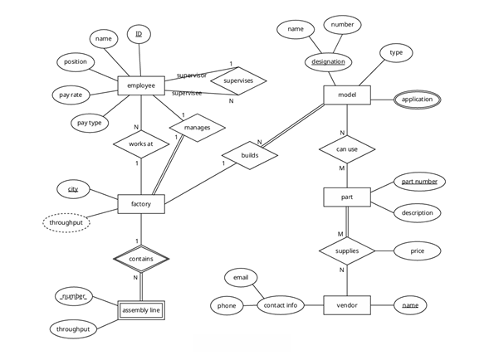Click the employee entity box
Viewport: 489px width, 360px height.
pyautogui.click(x=141, y=85)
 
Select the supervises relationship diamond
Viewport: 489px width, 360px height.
pyautogui.click(x=238, y=81)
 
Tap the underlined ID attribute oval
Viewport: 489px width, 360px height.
pyautogui.click(x=139, y=35)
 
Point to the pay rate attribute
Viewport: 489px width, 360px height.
pyautogui.click(x=71, y=95)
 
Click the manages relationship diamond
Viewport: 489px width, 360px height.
pyautogui.click(x=198, y=128)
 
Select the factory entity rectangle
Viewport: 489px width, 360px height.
pyautogui.click(x=141, y=203)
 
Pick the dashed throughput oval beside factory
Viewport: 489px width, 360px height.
pyautogui.click(x=66, y=222)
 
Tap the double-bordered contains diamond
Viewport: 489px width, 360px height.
pyautogui.click(x=141, y=259)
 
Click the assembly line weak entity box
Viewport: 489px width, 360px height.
pyautogui.click(x=140, y=310)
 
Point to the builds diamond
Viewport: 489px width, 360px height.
pyautogui.click(x=249, y=155)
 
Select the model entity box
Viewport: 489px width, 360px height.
pyautogui.click(x=347, y=95)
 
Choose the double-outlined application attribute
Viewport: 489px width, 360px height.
pyautogui.click(x=418, y=100)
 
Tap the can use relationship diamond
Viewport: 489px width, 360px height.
pyautogui.click(x=347, y=149)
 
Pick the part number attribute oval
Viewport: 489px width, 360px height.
pyautogui.click(x=419, y=181)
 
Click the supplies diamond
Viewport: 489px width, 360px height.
pyautogui.click(x=347, y=250)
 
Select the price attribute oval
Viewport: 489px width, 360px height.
pyautogui.click(x=417, y=250)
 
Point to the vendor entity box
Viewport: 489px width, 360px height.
pyautogui.click(x=347, y=305)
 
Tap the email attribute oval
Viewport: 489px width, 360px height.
pyautogui.click(x=241, y=277)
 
